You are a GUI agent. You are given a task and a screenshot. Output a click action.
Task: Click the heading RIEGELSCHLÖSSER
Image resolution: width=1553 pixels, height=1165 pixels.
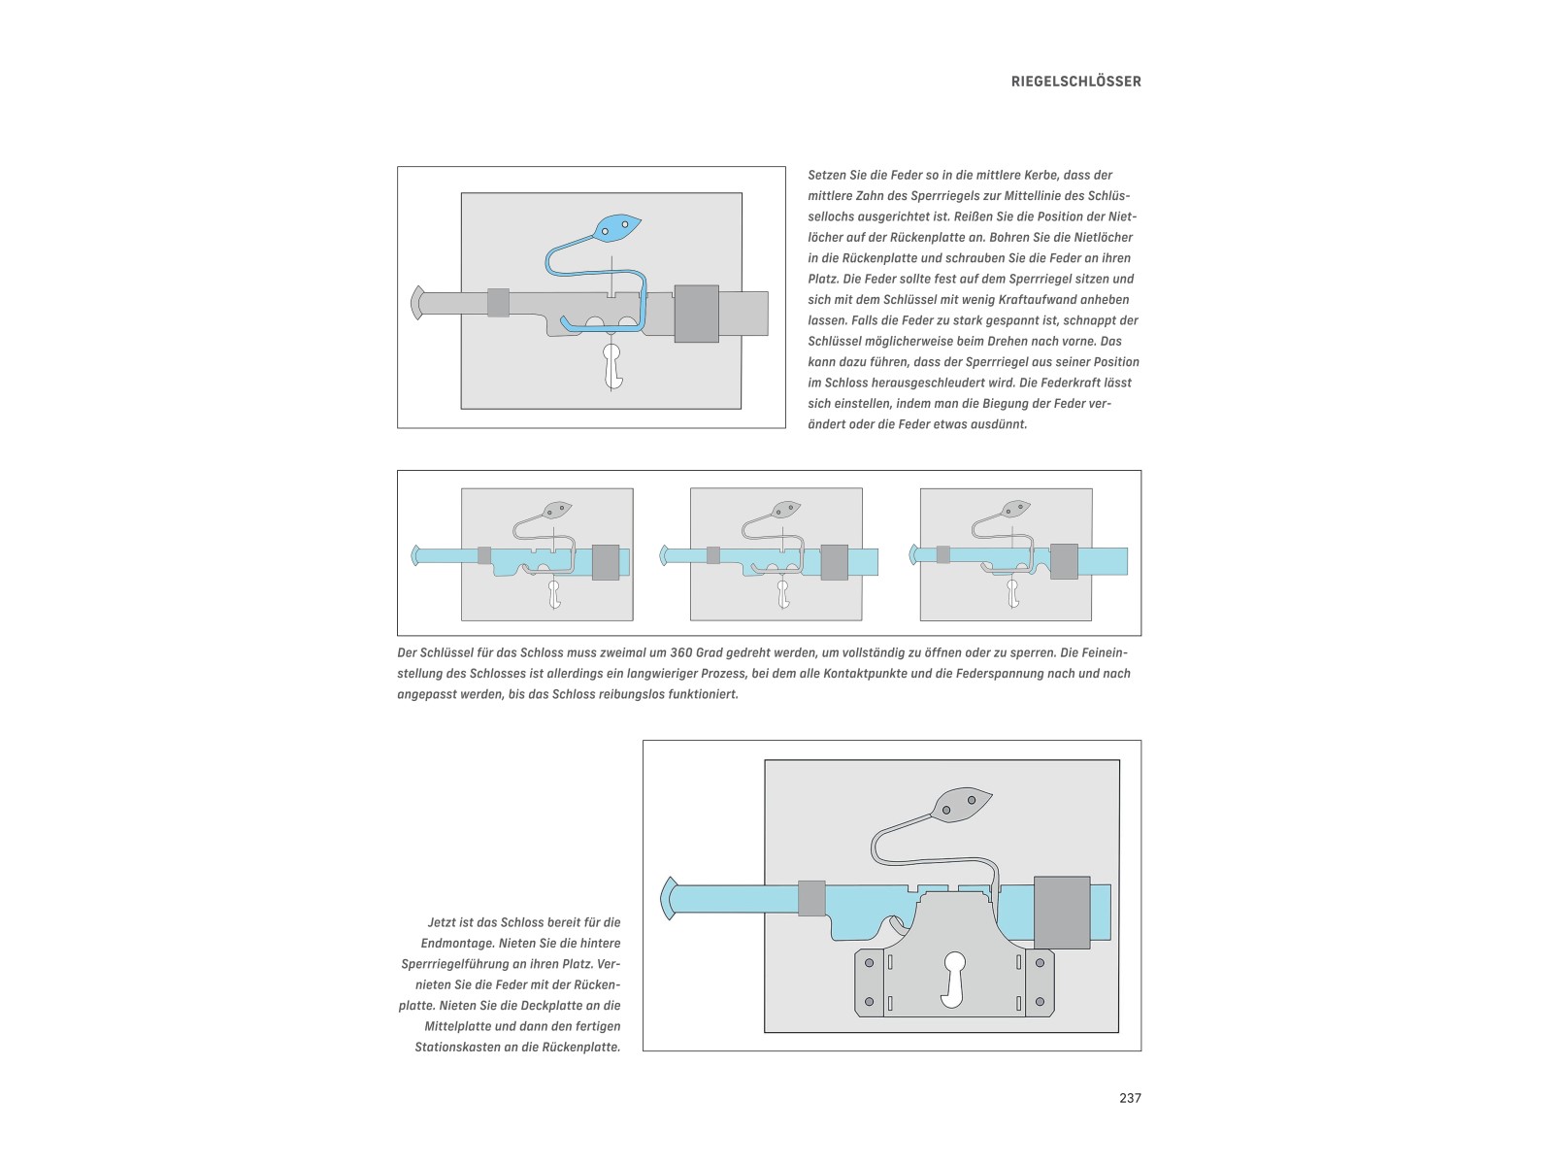pyautogui.click(x=1075, y=82)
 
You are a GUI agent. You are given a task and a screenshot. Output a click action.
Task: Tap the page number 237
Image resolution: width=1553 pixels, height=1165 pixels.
pyautogui.click(x=1130, y=1098)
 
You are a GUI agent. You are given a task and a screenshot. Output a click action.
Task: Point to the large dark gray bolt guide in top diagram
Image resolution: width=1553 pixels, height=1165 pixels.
pyautogui.click(x=696, y=314)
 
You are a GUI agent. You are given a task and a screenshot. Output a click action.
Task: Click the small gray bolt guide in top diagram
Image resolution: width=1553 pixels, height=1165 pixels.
pyautogui.click(x=498, y=303)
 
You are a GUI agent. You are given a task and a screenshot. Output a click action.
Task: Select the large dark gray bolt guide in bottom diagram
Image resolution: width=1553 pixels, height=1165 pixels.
pyautogui.click(x=1062, y=912)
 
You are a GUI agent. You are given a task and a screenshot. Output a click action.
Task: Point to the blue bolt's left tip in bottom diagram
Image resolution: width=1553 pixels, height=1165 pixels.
pyautogui.click(x=668, y=898)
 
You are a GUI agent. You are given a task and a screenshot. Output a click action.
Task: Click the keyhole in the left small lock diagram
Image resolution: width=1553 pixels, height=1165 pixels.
pyautogui.click(x=554, y=593)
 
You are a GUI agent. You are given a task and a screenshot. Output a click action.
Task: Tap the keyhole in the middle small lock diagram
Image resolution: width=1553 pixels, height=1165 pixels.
pyautogui.click(x=783, y=593)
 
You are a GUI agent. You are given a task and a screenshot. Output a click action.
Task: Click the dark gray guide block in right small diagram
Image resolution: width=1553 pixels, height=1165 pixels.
pyautogui.click(x=1064, y=561)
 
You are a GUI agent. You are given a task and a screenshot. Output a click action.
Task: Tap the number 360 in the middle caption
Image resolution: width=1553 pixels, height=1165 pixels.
pyautogui.click(x=681, y=653)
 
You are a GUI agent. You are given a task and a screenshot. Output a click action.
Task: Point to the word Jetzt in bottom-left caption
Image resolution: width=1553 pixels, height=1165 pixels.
pyautogui.click(x=445, y=922)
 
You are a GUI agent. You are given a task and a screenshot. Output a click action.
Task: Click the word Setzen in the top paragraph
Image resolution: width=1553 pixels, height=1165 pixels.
pyautogui.click(x=828, y=176)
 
